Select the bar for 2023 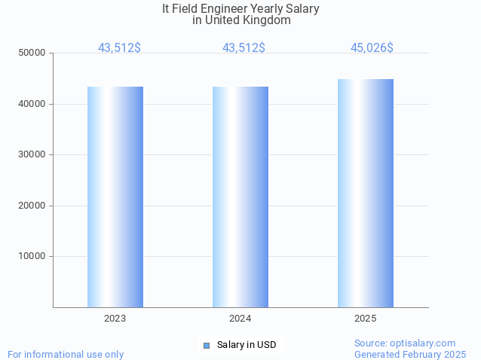[x=115, y=197]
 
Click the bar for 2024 [x=240, y=197]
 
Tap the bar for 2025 [x=366, y=193]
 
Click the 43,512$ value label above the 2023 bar [x=119, y=48]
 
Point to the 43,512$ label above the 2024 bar [x=244, y=48]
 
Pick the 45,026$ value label [x=372, y=48]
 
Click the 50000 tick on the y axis [x=33, y=53]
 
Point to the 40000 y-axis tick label [x=33, y=104]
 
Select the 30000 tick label [x=33, y=155]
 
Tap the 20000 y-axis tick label [x=33, y=206]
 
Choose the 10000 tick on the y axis [x=33, y=257]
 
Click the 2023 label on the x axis [x=115, y=319]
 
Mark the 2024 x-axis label [x=240, y=319]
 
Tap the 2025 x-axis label [x=366, y=319]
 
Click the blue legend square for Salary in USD [x=206, y=346]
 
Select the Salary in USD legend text [x=247, y=346]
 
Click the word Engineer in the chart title [x=231, y=9]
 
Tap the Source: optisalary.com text [x=405, y=343]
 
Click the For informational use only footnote [x=66, y=355]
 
